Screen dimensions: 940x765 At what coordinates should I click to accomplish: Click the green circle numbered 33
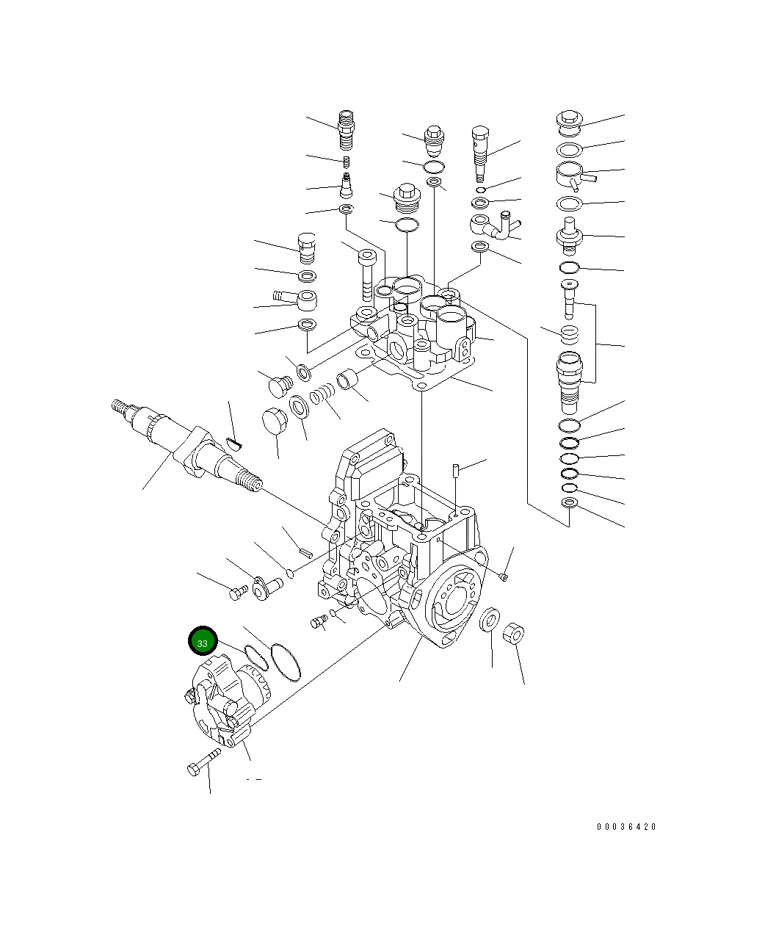pyautogui.click(x=203, y=641)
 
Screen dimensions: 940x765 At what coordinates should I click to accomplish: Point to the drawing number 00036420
pyautogui.click(x=626, y=827)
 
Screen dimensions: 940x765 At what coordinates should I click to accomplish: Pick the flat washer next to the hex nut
pyautogui.click(x=490, y=619)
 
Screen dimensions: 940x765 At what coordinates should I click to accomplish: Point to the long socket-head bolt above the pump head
pyautogui.click(x=367, y=275)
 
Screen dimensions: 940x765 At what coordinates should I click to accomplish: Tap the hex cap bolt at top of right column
pyautogui.click(x=569, y=121)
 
